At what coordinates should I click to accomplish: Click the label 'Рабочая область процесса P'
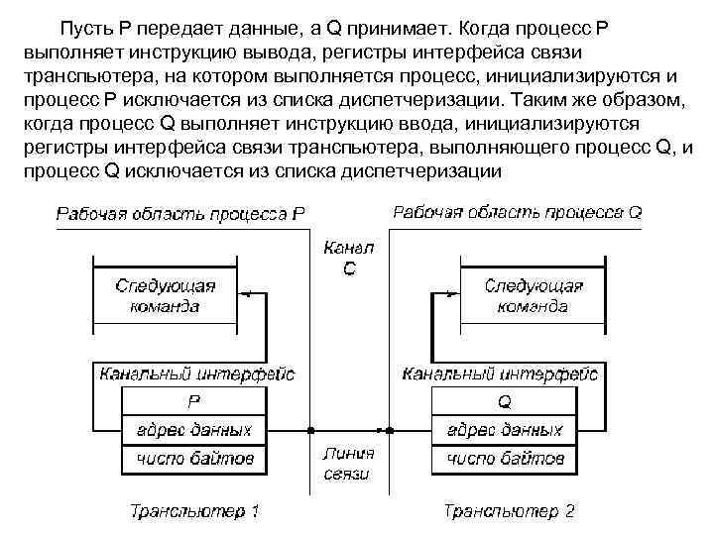tap(179, 213)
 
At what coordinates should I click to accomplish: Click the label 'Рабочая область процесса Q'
tap(517, 212)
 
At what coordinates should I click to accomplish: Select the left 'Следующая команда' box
tap(165, 295)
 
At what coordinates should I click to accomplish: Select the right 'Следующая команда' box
tap(533, 295)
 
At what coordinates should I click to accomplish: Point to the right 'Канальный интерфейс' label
tap(500, 374)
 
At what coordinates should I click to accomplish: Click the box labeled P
tap(193, 401)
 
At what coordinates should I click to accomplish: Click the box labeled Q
tap(504, 401)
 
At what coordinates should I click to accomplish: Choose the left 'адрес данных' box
tap(193, 430)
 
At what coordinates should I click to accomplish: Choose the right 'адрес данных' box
tap(504, 430)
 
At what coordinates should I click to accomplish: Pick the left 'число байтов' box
tap(193, 459)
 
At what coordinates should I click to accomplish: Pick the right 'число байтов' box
tap(504, 459)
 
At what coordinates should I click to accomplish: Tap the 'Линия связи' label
tap(348, 464)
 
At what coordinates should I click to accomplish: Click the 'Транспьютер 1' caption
tap(194, 511)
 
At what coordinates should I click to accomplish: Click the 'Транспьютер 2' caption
tap(509, 511)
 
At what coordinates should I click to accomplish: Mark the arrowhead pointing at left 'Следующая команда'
tap(244, 293)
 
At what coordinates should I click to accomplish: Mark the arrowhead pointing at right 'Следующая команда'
tap(453, 293)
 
